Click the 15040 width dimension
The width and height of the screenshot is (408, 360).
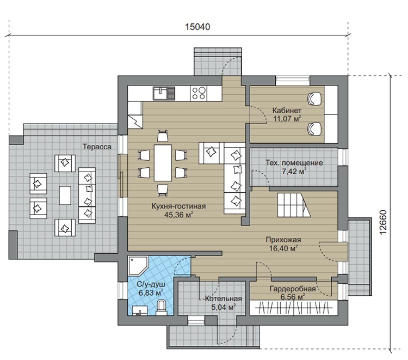pyautogui.click(x=197, y=27)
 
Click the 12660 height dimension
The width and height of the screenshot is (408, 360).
pyautogui.click(x=384, y=222)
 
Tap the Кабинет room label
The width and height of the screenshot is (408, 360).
pyautogui.click(x=287, y=110)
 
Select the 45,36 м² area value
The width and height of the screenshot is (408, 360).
pyautogui.click(x=178, y=215)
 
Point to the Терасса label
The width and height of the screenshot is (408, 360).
pyautogui.click(x=97, y=147)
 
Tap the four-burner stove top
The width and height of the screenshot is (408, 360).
pyautogui.click(x=199, y=93)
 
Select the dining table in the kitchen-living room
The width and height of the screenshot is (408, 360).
pyautogui.click(x=163, y=163)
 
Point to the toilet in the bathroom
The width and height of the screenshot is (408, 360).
pyautogui.click(x=162, y=307)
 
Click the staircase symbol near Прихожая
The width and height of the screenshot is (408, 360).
pyautogui.click(x=294, y=205)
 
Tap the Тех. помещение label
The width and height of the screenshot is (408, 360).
pyautogui.click(x=294, y=163)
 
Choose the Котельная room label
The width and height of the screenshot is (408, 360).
pyautogui.click(x=224, y=298)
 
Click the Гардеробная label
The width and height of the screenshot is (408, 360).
pyautogui.click(x=293, y=289)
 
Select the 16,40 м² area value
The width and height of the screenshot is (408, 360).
pyautogui.click(x=283, y=248)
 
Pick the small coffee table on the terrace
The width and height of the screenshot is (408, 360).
pyautogui.click(x=65, y=196)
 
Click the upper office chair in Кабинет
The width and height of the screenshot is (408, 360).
pyautogui.click(x=314, y=99)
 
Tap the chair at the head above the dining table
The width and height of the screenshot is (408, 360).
pyautogui.click(x=163, y=136)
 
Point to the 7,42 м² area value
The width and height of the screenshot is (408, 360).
pyautogui.click(x=294, y=172)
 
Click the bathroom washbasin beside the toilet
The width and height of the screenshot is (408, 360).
pyautogui.click(x=140, y=310)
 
